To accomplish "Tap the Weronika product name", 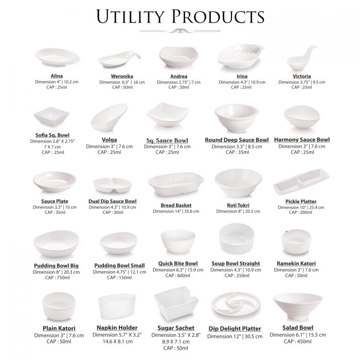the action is (x=122, y=76).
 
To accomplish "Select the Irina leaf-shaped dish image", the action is (x=241, y=56).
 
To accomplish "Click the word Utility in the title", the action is (x=130, y=16).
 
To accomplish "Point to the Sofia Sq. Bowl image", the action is (x=51, y=116).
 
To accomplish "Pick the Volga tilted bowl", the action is (x=109, y=117).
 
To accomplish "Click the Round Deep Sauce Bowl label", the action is (x=237, y=140).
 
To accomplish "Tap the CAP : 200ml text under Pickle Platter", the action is (x=300, y=212).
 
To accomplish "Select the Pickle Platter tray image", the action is (x=301, y=182).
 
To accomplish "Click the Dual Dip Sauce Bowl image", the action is (x=113, y=185).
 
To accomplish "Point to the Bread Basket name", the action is (x=176, y=205).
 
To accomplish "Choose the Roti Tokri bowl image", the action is (x=238, y=183).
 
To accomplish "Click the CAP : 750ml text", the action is (x=57, y=278).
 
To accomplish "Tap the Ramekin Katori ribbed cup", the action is (x=296, y=242).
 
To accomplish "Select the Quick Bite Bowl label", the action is (x=178, y=263).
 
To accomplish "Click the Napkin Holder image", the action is (x=117, y=307).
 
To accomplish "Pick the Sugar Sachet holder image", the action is (x=176, y=303).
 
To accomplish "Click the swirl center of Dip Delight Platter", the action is (x=235, y=302).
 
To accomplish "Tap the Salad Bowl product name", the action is (x=298, y=328).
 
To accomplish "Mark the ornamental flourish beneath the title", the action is (x=180, y=31).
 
